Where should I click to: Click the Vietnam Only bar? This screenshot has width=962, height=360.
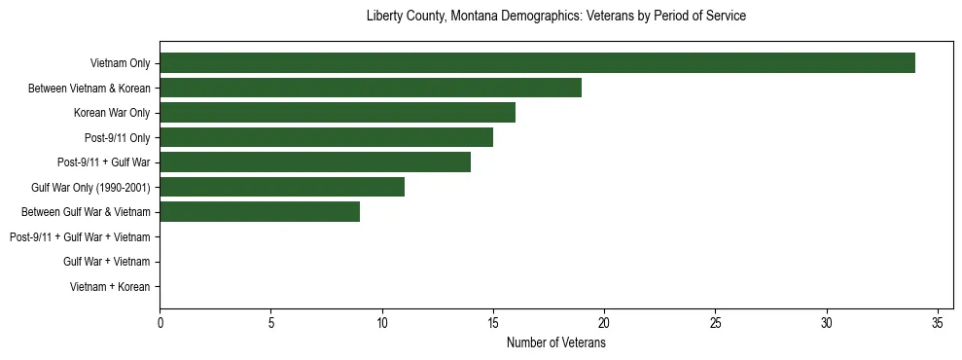tap(537, 63)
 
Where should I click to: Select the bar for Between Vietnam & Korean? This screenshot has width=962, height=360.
tap(371, 88)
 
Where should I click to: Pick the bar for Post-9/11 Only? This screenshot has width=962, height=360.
tap(326, 137)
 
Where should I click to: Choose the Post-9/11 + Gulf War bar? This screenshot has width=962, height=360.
tap(315, 162)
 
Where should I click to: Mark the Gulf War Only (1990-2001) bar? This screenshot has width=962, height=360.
tap(282, 187)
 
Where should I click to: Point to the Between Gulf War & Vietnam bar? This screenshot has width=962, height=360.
tap(260, 211)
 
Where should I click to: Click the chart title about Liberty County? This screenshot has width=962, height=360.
tap(556, 17)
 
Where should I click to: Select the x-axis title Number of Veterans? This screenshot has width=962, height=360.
tap(556, 342)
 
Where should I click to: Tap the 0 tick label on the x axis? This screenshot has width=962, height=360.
tap(160, 323)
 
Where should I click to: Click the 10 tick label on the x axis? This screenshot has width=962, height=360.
tap(382, 323)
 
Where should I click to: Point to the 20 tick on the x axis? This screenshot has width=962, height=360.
tap(604, 323)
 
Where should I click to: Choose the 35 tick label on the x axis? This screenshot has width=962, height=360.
tap(937, 323)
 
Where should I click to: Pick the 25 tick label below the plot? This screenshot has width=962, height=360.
tap(715, 323)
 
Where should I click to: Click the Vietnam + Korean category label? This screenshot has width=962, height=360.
tap(110, 286)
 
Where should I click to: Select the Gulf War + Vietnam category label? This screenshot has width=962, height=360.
tap(106, 262)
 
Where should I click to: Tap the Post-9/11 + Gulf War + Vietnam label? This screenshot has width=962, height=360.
tap(79, 236)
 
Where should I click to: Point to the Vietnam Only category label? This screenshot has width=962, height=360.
tap(120, 63)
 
